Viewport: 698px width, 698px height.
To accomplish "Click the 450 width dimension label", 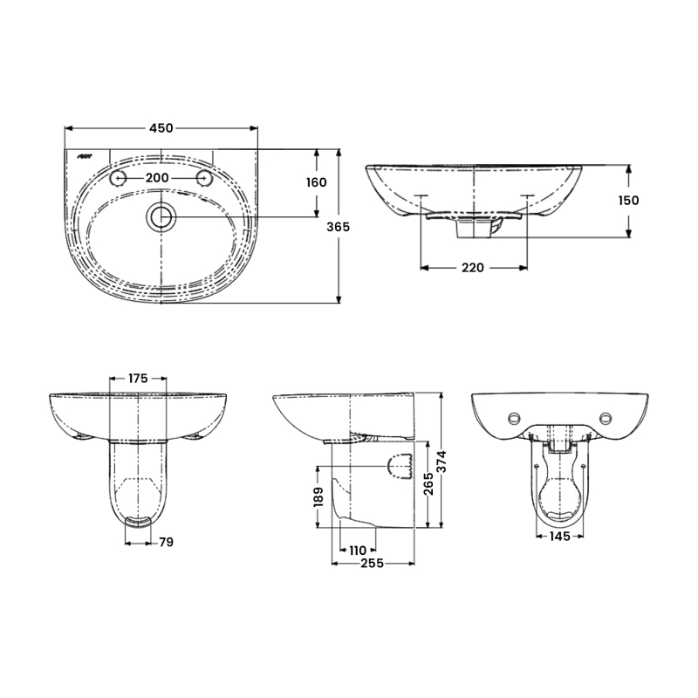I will [x=161, y=128].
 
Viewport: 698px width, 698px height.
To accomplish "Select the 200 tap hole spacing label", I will [x=157, y=178].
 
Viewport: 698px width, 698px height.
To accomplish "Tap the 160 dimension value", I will [x=316, y=182].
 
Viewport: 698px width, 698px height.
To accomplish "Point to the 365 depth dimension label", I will [x=339, y=227].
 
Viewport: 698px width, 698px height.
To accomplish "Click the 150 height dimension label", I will [x=628, y=200].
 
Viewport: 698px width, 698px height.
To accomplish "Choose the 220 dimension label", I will [x=472, y=268].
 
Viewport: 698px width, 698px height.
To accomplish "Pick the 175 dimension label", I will [x=138, y=379].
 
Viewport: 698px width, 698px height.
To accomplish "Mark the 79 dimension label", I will [x=166, y=542].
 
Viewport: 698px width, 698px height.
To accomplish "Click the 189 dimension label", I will [x=319, y=496].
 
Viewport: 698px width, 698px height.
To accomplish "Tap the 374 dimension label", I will [x=444, y=460].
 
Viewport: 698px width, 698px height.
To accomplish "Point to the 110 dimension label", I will [x=358, y=551].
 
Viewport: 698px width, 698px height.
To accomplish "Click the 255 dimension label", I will [x=372, y=565].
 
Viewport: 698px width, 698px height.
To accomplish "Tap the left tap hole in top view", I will [x=117, y=178].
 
